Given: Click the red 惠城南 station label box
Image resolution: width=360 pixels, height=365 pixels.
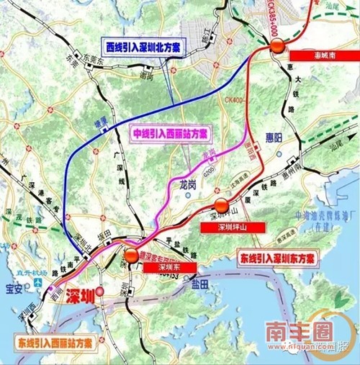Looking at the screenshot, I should [311, 55].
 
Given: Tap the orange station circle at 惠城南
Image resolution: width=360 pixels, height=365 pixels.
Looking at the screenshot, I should [277, 48].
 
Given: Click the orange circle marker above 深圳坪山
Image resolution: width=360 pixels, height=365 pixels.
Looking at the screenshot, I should [222, 205].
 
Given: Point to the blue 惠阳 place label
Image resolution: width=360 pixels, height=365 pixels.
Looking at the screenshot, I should [265, 159].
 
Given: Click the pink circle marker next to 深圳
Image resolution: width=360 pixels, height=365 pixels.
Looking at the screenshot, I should [100, 292].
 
